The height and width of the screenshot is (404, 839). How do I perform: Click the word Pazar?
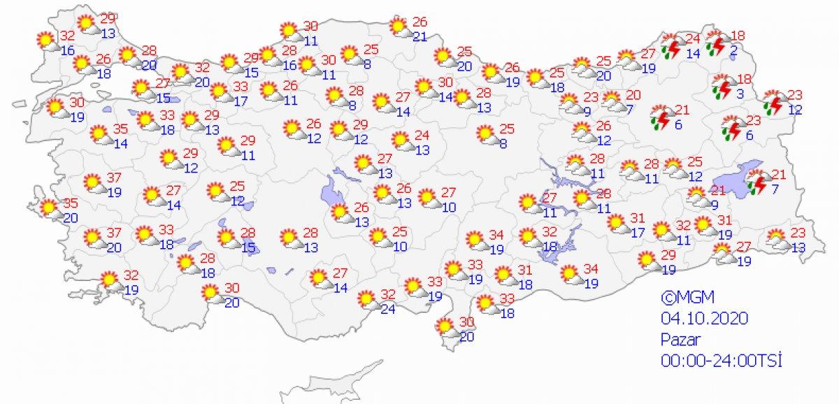click(x=678, y=340)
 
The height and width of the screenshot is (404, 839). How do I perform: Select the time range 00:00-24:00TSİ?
click(x=721, y=361)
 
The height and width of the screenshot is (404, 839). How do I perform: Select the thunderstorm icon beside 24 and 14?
click(x=673, y=45)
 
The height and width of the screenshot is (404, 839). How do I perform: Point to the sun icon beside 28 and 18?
click(x=187, y=264)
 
